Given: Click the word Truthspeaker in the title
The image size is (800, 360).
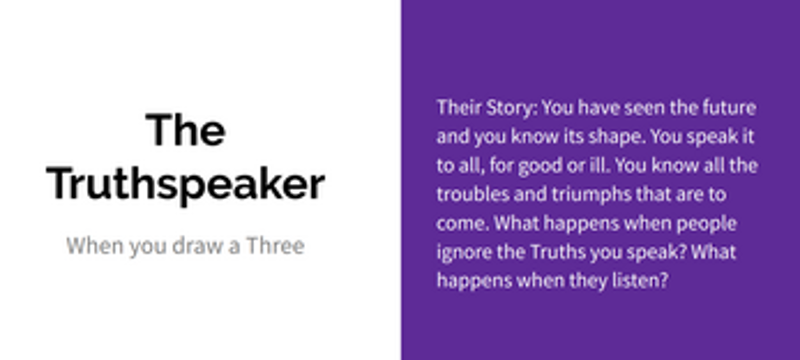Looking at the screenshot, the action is pyautogui.click(x=186, y=185).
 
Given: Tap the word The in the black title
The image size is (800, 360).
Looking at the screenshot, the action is pyautogui.click(x=186, y=130).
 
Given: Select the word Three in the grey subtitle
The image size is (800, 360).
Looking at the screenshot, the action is pyautogui.click(x=276, y=246).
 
